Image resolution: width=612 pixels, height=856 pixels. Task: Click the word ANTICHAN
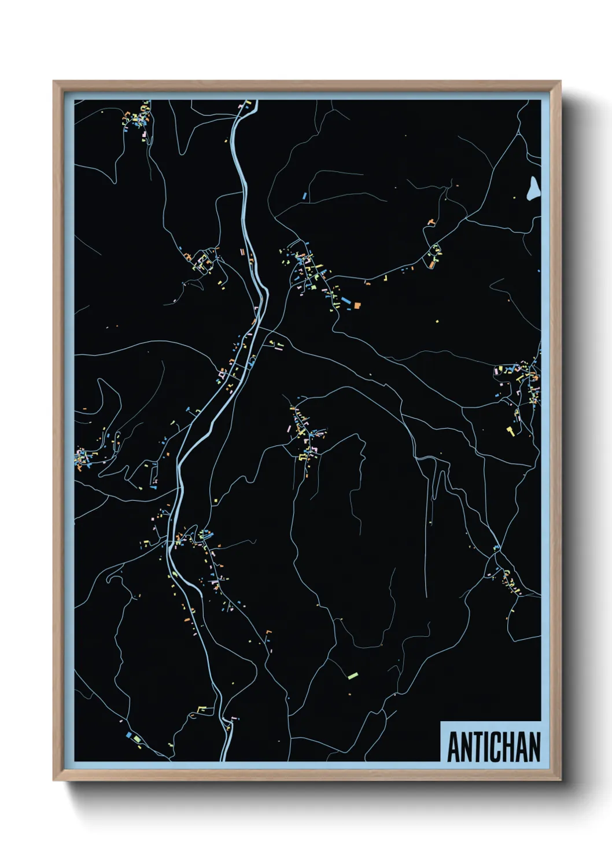click(x=493, y=747)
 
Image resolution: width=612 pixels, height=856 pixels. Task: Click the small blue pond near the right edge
click(x=533, y=188)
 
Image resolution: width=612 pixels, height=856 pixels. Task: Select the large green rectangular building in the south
click(x=352, y=674)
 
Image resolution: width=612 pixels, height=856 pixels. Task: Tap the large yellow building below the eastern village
click(x=510, y=430)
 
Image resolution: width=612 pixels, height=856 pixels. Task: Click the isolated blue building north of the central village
click(x=304, y=197)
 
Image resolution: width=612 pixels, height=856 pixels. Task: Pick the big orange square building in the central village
click(x=357, y=304)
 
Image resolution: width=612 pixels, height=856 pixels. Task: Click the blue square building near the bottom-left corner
click(x=128, y=735)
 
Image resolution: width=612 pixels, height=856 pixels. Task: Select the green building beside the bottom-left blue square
click(x=135, y=739)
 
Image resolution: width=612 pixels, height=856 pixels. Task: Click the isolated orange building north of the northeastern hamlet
click(x=430, y=222)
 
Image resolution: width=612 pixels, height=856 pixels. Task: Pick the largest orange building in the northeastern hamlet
click(x=432, y=264)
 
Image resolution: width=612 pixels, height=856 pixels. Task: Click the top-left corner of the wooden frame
click(x=54, y=82)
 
